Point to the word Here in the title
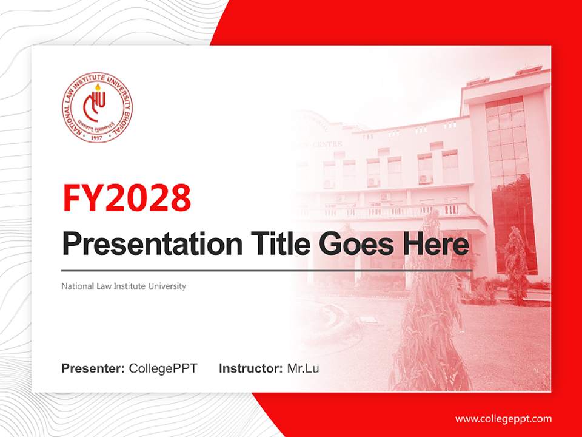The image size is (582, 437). coord(436,244)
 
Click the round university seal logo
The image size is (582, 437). coord(97,107)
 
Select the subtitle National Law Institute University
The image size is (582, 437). coord(124,286)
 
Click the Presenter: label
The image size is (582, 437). coord(93,368)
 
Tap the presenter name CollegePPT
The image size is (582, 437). coord(163,368)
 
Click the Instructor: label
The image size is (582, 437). coord(250,368)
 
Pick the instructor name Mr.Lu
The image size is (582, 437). coord(303,368)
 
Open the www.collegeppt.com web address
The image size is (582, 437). coord(503,418)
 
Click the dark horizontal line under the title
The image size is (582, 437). coord(267,271)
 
